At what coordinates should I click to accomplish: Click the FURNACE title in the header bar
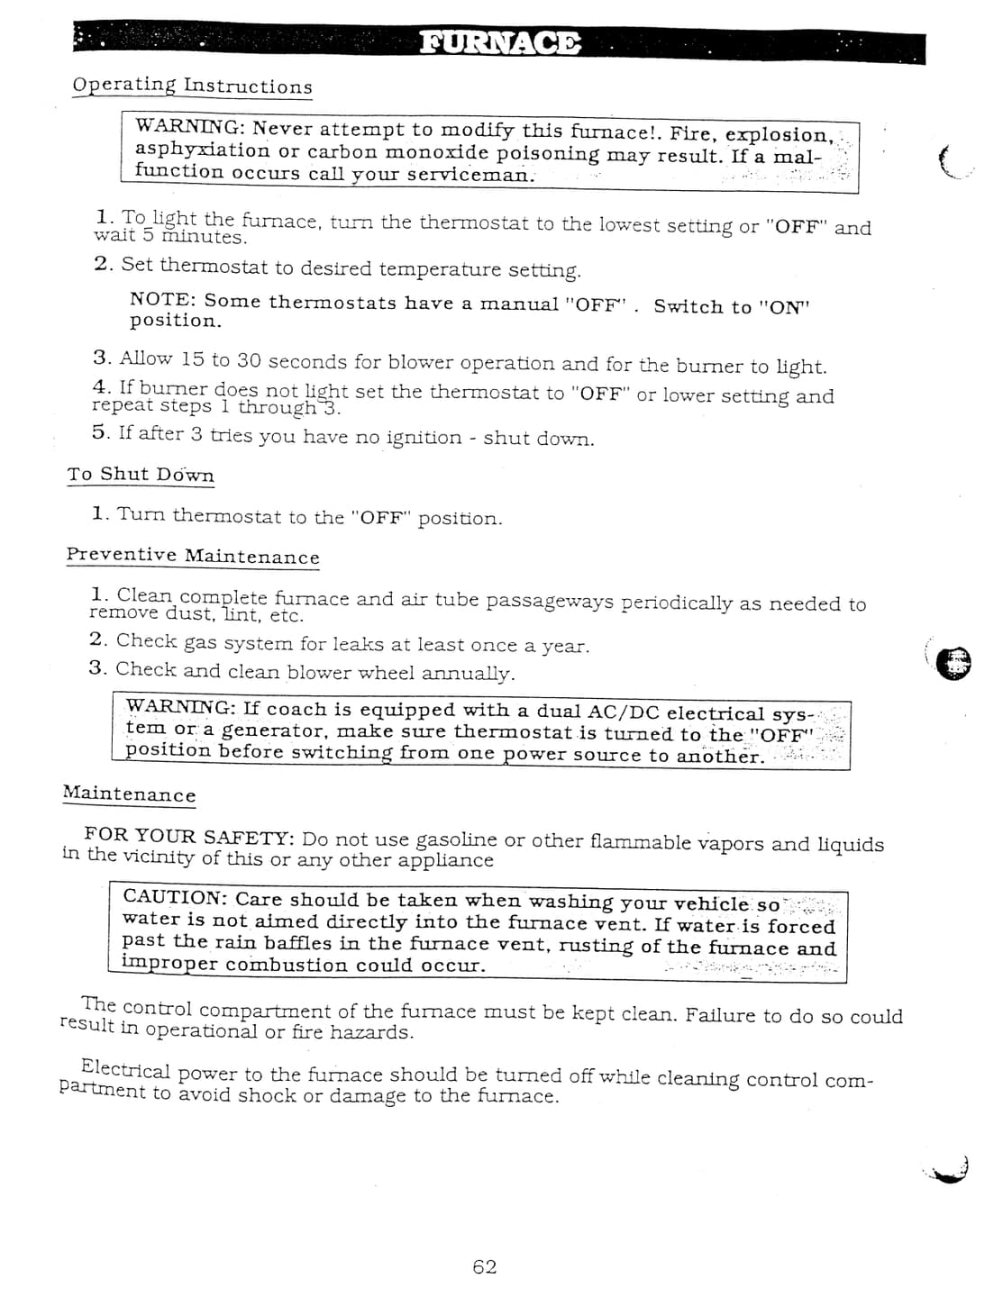[x=500, y=43]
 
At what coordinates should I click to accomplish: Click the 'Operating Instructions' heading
[x=192, y=86]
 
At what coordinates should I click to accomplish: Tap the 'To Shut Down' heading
[x=141, y=474]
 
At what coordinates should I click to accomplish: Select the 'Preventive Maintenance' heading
[x=193, y=556]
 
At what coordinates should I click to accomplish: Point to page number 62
[x=485, y=1266]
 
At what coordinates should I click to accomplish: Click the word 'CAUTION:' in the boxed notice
[x=175, y=897]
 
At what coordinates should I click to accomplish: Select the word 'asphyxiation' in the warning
[x=202, y=150]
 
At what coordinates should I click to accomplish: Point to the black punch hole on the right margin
[x=953, y=663]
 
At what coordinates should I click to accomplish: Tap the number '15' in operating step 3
[x=192, y=359]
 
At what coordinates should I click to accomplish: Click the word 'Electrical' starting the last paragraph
[x=125, y=1070]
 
